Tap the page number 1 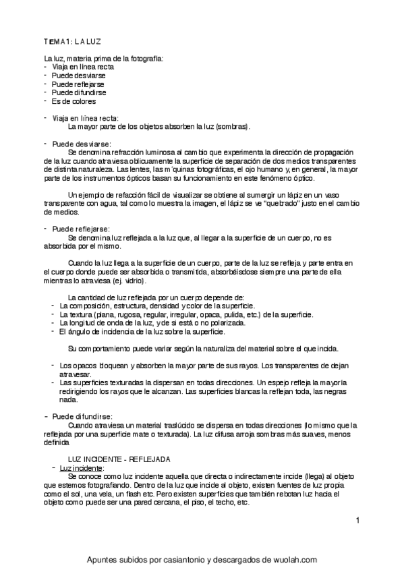(x=358, y=520)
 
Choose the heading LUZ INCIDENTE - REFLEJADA (x=115, y=459)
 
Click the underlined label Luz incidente (x=81, y=467)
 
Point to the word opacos (x=82, y=366)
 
